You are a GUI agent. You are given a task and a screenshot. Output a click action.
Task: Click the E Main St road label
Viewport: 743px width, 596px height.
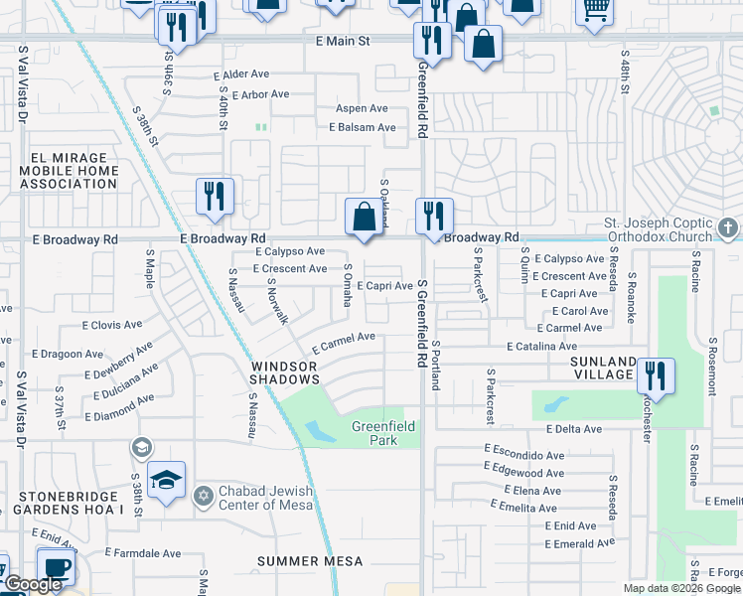pos(343,42)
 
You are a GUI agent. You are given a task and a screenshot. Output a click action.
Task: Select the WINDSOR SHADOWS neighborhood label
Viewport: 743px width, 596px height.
pos(283,373)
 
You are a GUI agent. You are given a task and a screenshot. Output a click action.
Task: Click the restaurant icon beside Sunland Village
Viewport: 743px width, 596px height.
pos(655,375)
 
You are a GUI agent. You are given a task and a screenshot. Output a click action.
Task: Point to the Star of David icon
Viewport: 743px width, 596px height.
pos(205,495)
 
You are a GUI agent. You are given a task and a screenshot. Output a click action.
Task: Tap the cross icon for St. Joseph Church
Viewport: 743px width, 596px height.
pos(728,229)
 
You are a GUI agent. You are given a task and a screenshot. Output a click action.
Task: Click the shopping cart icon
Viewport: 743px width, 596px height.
pos(595,10)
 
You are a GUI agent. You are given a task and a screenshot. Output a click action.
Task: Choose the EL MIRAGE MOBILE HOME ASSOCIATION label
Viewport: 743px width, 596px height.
pos(69,171)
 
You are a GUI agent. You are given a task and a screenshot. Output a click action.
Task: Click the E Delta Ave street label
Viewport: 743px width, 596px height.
pos(574,429)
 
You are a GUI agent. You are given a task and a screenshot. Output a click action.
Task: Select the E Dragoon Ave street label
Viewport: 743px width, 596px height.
pos(68,354)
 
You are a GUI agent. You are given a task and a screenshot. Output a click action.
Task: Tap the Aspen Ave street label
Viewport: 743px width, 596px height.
pos(363,108)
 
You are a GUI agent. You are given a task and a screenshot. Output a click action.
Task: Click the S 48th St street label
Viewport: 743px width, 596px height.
pos(625,74)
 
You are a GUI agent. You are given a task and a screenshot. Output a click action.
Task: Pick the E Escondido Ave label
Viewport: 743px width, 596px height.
pos(524,448)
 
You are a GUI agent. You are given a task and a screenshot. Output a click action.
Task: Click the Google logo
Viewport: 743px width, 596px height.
pos(32,584)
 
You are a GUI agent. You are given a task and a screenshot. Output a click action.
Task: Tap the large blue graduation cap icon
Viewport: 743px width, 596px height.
pos(167,481)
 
